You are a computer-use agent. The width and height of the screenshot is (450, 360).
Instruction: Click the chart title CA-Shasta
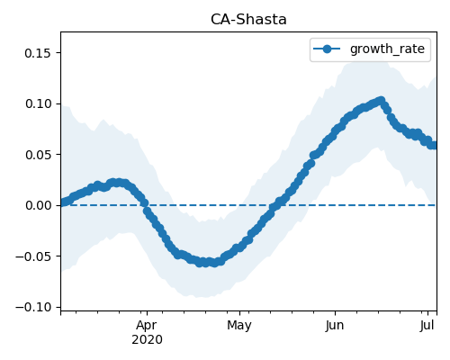click(248, 20)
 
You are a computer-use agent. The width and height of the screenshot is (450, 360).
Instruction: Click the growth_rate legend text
click(387, 49)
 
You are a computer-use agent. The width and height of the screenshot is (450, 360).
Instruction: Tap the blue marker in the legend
click(327, 49)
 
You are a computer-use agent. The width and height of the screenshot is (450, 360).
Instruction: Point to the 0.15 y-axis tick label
click(38, 53)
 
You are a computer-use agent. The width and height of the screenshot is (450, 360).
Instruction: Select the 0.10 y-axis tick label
click(39, 103)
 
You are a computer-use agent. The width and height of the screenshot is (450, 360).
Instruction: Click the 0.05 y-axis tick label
click(39, 155)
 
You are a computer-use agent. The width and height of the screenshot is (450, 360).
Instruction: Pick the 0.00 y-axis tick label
click(39, 205)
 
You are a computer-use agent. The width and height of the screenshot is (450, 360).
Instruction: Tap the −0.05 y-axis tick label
click(33, 256)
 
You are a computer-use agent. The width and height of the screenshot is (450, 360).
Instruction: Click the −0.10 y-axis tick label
click(33, 307)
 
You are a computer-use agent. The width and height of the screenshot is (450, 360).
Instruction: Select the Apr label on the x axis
click(147, 326)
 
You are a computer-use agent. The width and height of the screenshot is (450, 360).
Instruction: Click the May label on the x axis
click(239, 326)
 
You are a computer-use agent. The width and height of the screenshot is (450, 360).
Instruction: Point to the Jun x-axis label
click(335, 325)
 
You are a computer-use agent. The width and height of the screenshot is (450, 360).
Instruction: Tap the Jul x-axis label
click(427, 325)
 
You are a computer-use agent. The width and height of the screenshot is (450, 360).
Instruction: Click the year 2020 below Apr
click(147, 339)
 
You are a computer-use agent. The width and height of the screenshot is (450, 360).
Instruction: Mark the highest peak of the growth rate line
click(381, 100)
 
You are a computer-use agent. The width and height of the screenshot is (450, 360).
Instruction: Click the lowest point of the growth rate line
click(206, 263)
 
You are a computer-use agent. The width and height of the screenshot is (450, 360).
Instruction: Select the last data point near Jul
click(435, 145)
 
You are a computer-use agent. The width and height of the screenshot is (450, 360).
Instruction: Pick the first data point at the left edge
click(62, 202)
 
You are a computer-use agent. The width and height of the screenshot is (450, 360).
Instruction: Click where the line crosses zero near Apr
click(146, 205)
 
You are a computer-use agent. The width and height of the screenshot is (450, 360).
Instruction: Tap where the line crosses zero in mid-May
click(274, 205)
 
